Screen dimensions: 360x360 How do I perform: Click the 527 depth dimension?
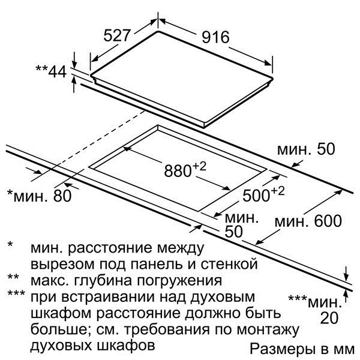(117, 35)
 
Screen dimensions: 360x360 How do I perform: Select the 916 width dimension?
(215, 37)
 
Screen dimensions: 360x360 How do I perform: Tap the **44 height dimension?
(51, 71)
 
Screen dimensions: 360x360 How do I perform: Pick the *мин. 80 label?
(39, 196)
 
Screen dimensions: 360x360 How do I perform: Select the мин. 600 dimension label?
(308, 221)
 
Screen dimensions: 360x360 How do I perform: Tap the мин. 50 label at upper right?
(306, 149)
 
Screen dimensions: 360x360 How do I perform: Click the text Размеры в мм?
(302, 349)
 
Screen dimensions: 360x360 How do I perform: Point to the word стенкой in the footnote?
(229, 264)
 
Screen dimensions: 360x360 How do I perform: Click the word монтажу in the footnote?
(268, 330)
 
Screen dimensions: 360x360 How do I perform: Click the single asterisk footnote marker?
(10, 244)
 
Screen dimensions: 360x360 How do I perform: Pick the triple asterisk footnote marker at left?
(16, 293)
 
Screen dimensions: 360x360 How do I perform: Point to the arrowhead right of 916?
(268, 62)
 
